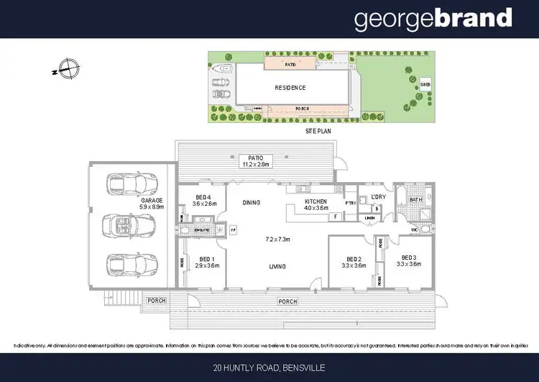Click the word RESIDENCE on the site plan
point(290,88)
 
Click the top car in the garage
point(126,184)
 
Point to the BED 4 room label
point(204,199)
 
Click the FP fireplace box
point(234,230)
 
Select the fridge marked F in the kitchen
point(335,216)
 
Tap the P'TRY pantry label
point(351,202)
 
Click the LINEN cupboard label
point(370,217)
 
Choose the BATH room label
point(415,199)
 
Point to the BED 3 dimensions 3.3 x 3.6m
point(409,265)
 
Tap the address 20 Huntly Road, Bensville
point(269,368)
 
